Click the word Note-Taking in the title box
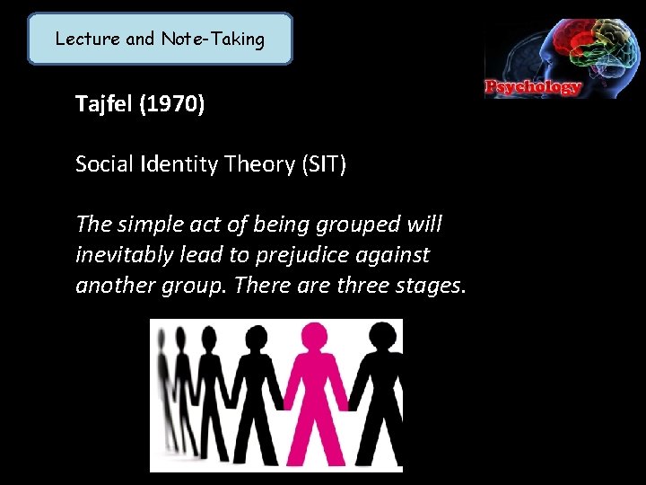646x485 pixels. coord(213,39)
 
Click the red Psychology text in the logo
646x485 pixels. coord(534,88)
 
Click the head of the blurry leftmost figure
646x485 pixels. coord(161,339)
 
